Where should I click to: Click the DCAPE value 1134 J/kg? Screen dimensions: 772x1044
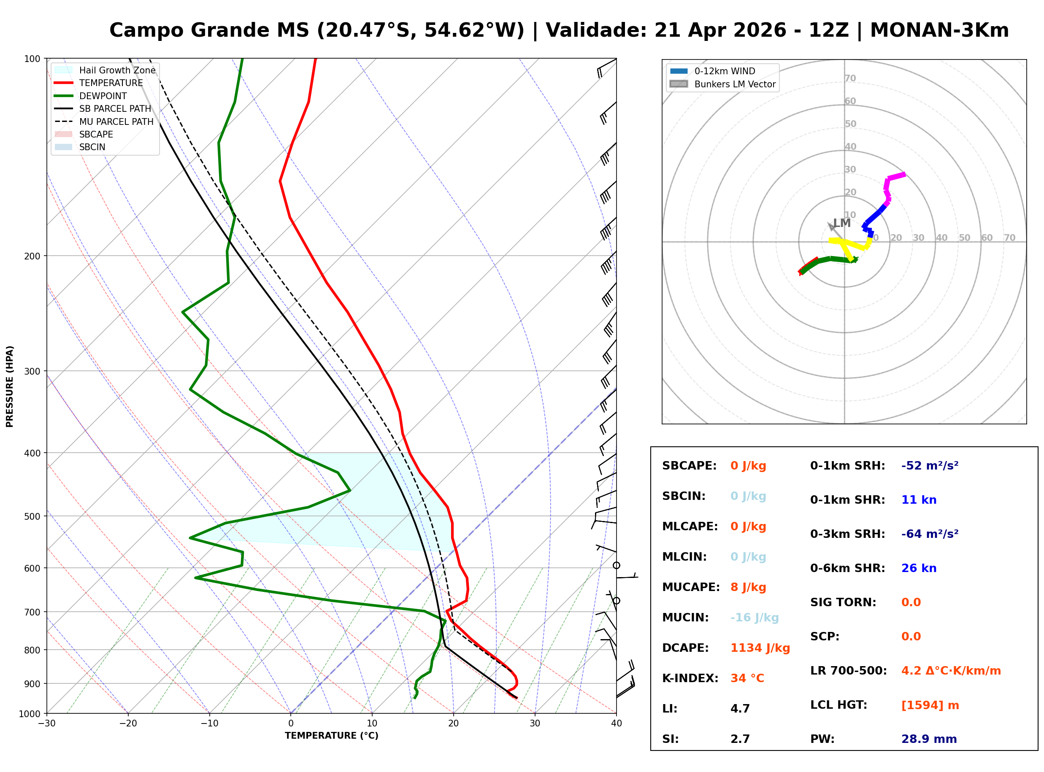coord(760,648)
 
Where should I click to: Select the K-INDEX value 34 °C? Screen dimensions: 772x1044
coord(747,678)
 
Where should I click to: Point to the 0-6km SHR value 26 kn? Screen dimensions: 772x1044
coord(918,568)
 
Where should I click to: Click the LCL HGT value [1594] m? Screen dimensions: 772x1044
coord(930,705)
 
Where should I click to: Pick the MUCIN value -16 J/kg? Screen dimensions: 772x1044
coord(754,618)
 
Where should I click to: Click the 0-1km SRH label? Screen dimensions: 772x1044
coord(847,466)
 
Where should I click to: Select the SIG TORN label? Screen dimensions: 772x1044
coord(843,602)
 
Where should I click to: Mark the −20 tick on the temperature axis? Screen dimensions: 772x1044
coord(128,723)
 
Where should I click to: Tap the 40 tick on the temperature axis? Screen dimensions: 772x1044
coord(616,723)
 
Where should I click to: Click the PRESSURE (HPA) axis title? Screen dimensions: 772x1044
coord(10,386)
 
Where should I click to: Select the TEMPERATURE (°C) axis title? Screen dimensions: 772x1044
coord(331,736)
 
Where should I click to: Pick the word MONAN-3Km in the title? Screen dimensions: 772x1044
coord(939,30)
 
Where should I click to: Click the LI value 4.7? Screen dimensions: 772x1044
coord(740,709)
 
